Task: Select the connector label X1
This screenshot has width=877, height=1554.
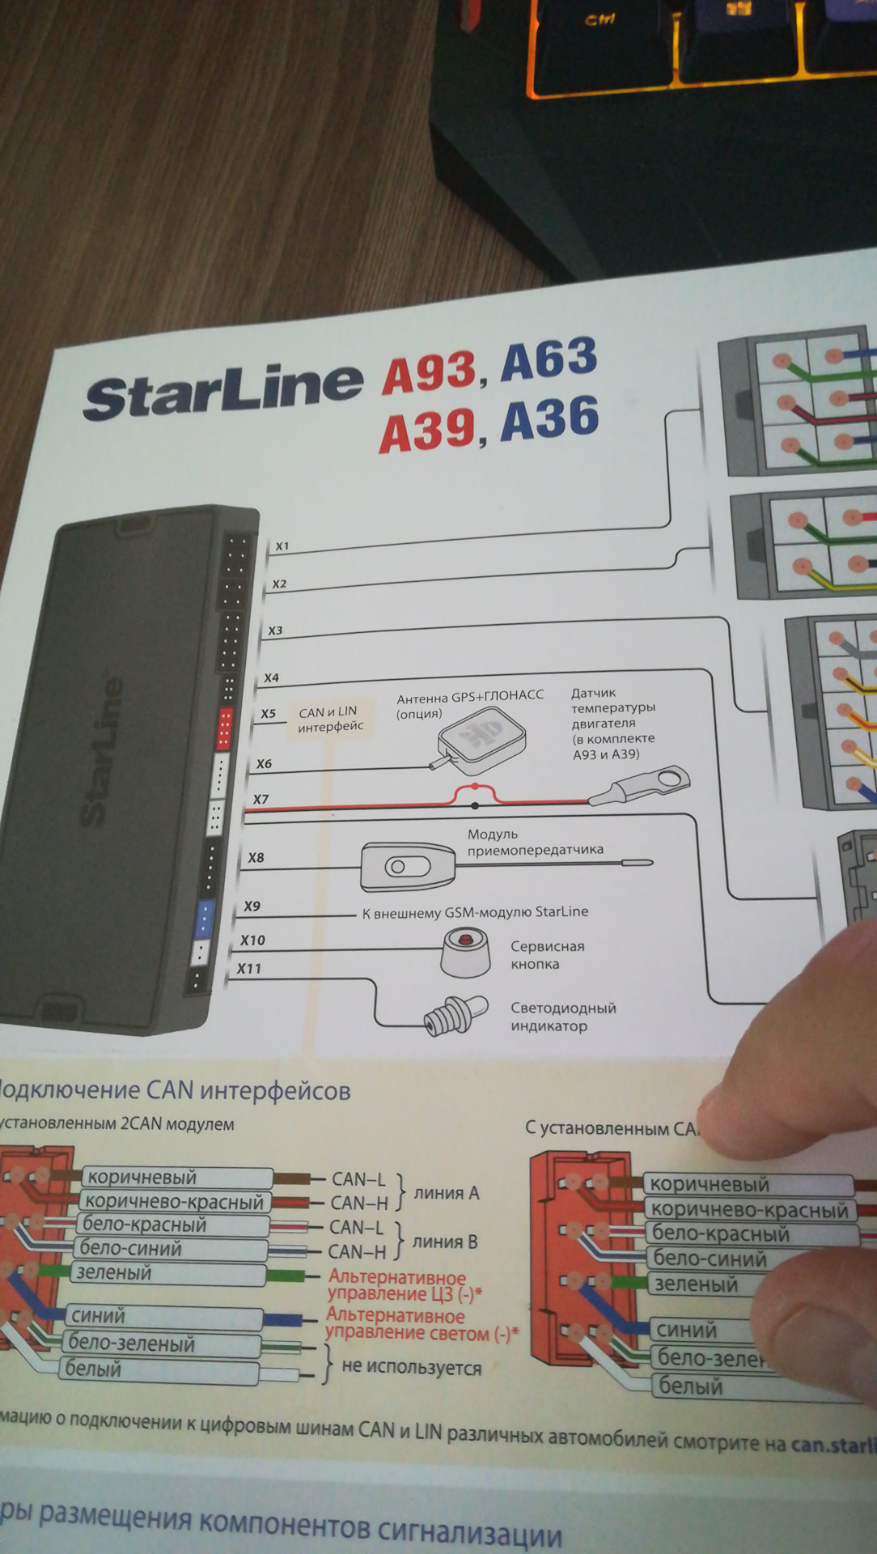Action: coord(282,546)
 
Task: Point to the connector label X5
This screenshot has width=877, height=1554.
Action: coord(268,714)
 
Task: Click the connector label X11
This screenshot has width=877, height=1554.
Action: coord(249,968)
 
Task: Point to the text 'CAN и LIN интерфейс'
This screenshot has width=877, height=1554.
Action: coord(329,719)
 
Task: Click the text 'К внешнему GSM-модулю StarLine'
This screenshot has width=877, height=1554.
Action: coord(475,912)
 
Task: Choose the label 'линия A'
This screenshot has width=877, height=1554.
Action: coord(447,1193)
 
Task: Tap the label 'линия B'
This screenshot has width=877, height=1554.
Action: coord(445,1242)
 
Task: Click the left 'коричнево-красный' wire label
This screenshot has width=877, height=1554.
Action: coord(175,1202)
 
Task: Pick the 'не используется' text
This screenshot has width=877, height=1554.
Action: coord(411,1368)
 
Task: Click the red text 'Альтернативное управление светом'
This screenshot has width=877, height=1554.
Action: coord(421,1325)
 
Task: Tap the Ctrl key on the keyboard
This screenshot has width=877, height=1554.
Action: coord(599,19)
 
